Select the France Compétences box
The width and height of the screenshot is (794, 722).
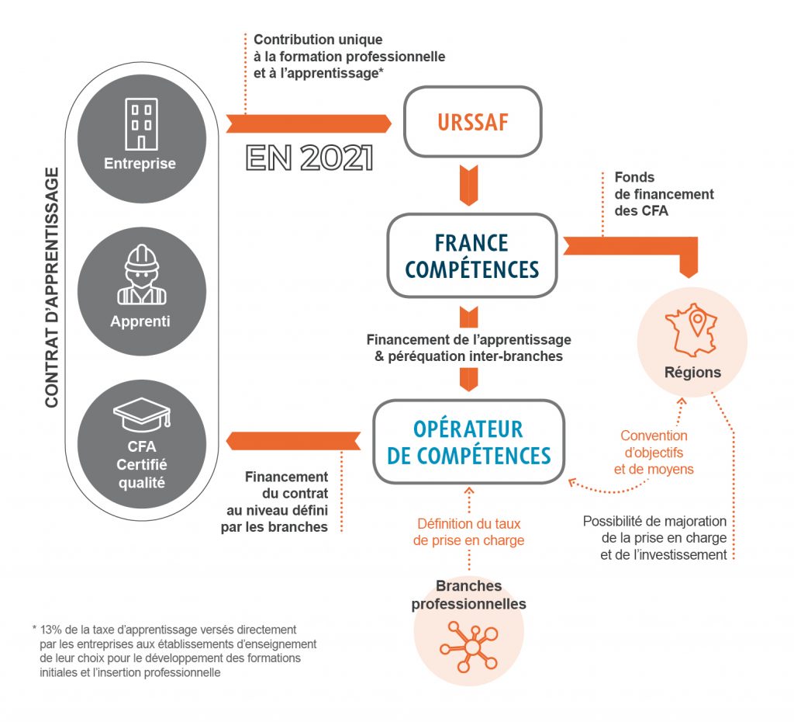pyautogui.click(x=471, y=255)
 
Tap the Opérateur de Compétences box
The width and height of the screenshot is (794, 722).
pyautogui.click(x=468, y=441)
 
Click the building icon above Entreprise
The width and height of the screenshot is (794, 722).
pyautogui.click(x=141, y=123)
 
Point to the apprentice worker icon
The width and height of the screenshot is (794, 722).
pyautogui.click(x=141, y=275)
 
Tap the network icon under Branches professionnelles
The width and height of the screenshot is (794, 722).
pyautogui.click(x=469, y=647)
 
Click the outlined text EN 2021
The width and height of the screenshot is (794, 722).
pyautogui.click(x=309, y=158)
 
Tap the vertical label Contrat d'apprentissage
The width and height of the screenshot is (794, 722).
pyautogui.click(x=52, y=287)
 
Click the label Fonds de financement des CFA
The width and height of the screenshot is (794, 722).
pyautogui.click(x=663, y=194)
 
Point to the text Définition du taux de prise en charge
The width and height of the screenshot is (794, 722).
pyautogui.click(x=468, y=532)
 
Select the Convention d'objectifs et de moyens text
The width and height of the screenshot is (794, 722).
pyautogui.click(x=654, y=453)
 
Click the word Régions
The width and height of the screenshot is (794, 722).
pyautogui.click(x=692, y=372)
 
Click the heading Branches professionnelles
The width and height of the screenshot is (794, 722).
pyautogui.click(x=468, y=595)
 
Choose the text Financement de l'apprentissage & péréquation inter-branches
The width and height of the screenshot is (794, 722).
pyautogui.click(x=468, y=348)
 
